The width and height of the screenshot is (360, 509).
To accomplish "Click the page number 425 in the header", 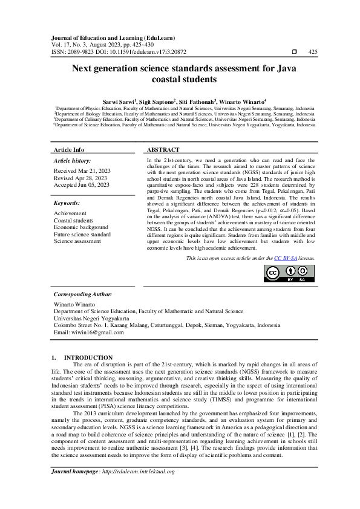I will coord(313,52).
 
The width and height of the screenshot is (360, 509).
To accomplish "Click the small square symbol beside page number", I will coord(294,52).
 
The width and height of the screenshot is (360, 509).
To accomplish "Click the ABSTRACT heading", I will coord(163,150).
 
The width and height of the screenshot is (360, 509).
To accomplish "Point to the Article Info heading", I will coord(69,150).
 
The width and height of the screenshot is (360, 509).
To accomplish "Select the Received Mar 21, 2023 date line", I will coord(80,171).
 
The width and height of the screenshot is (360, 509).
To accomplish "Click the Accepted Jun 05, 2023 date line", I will coord(82,186).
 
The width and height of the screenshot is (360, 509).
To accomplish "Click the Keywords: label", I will coord(67,204).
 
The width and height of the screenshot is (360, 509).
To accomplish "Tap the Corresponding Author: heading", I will coord(83,294).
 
